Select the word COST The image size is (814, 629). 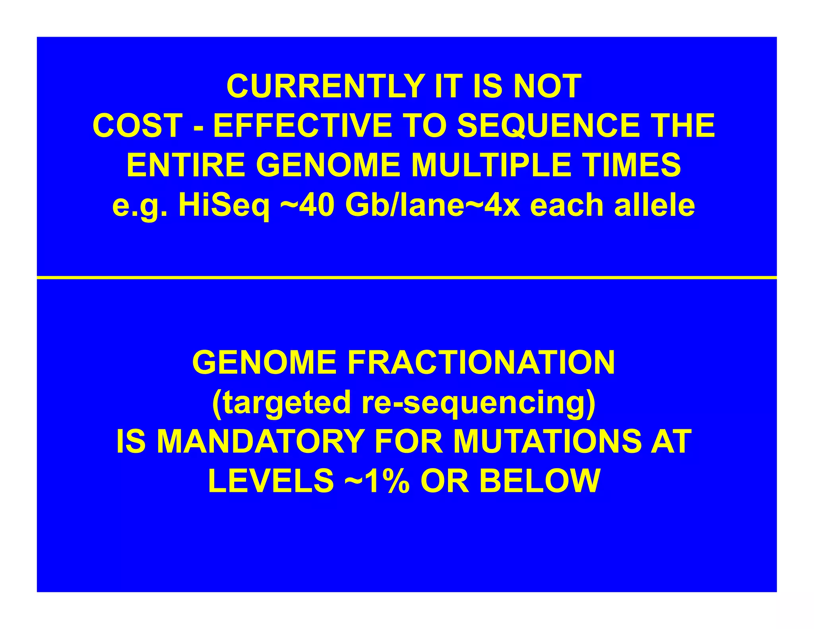[x=138, y=126]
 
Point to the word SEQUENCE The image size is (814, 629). [x=548, y=126]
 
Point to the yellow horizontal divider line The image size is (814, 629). [x=407, y=277]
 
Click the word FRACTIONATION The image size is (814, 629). [x=481, y=363]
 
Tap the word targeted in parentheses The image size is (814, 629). [x=282, y=402]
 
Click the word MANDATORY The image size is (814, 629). [x=260, y=442]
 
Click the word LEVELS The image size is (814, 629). [x=271, y=481]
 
